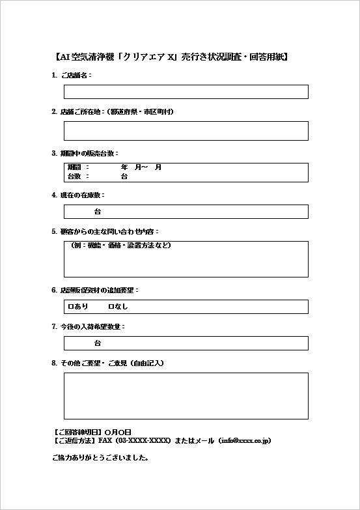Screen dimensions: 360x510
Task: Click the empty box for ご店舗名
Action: pos(186,92)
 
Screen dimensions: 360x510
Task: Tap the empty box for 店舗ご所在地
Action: pos(186,130)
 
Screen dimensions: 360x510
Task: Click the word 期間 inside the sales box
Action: pos(74,168)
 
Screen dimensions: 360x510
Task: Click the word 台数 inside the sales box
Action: pos(74,177)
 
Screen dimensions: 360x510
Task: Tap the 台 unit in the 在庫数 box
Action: pos(98,212)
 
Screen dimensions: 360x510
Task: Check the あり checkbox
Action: pos(70,306)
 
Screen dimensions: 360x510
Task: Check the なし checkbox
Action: pos(111,306)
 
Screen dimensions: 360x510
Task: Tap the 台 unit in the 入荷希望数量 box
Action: pos(98,343)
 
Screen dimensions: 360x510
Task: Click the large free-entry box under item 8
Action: pos(186,396)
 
